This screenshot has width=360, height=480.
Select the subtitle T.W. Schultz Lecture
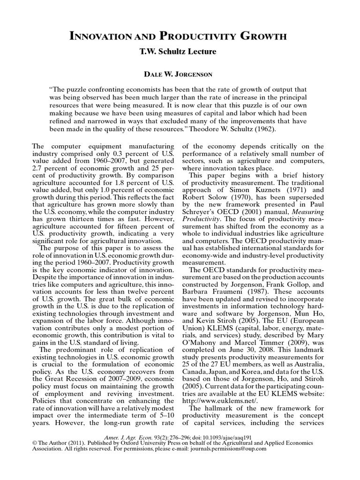(180, 52)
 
